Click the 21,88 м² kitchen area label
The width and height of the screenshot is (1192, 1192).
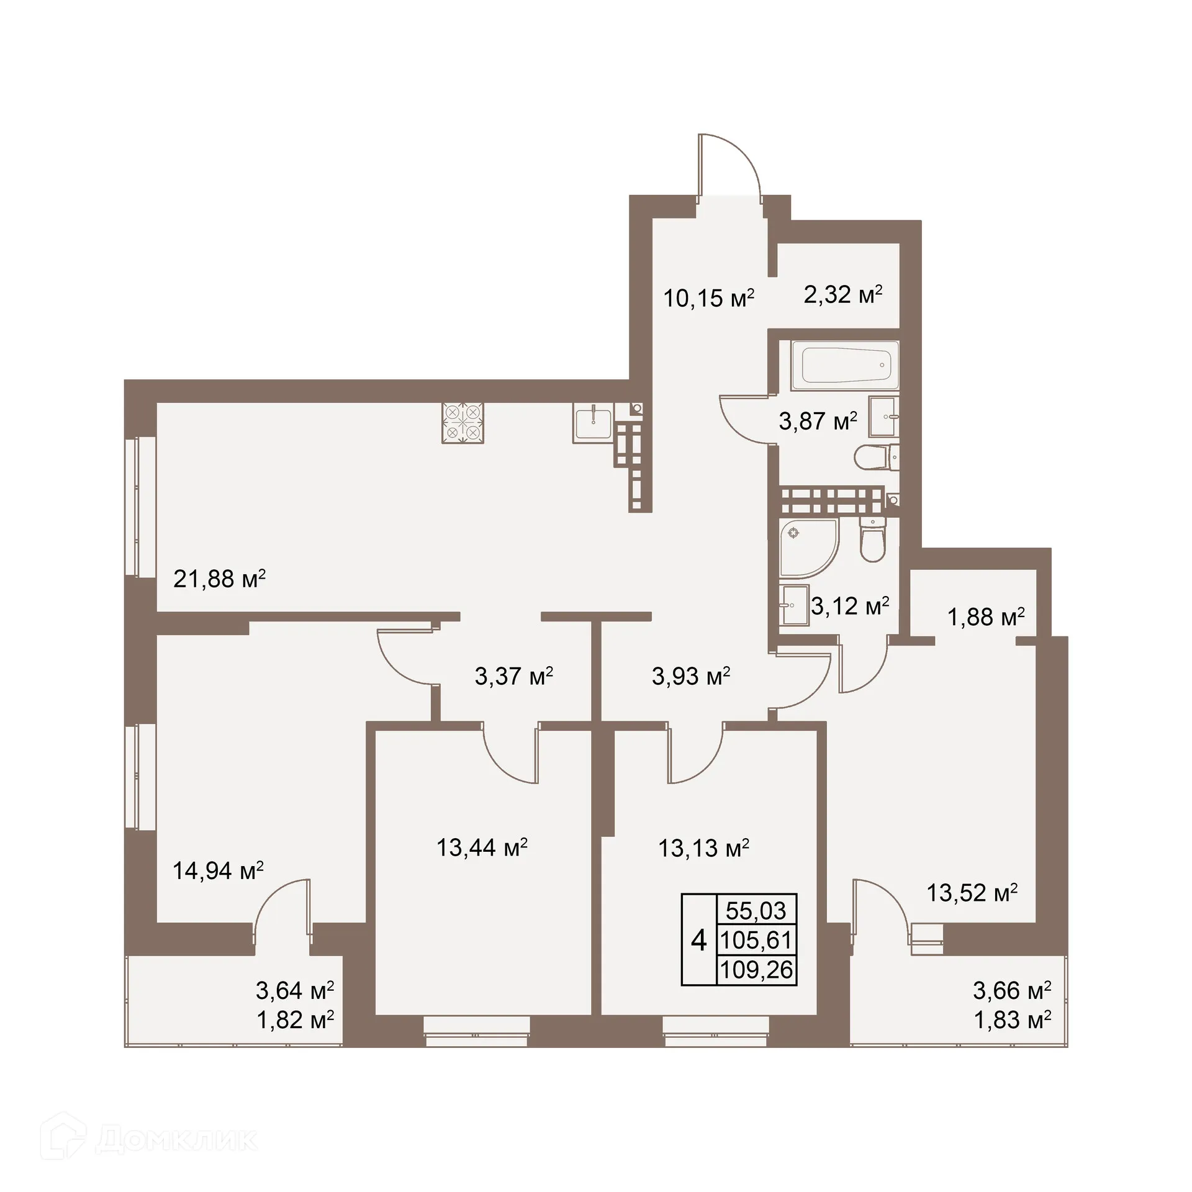[219, 579]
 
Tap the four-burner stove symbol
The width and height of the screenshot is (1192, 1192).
[463, 423]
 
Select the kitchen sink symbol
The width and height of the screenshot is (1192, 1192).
[593, 425]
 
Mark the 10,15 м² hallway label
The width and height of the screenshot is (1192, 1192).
[708, 298]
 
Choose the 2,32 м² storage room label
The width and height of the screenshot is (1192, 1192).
[842, 294]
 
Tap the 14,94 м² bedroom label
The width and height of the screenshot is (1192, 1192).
[218, 870]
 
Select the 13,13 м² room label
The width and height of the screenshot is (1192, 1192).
[703, 847]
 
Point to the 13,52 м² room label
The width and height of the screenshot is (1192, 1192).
[972, 893]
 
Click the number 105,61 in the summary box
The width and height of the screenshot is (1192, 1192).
[756, 941]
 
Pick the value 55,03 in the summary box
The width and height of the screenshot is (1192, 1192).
[756, 911]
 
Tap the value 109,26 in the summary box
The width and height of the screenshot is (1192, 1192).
[756, 970]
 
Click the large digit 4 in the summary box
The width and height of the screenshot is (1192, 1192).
[699, 941]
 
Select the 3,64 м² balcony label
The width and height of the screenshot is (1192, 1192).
[295, 990]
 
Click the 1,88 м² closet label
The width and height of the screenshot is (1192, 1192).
[985, 617]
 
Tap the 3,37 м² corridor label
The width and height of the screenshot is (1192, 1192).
[513, 675]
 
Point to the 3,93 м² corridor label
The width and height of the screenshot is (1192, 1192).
[690, 675]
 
